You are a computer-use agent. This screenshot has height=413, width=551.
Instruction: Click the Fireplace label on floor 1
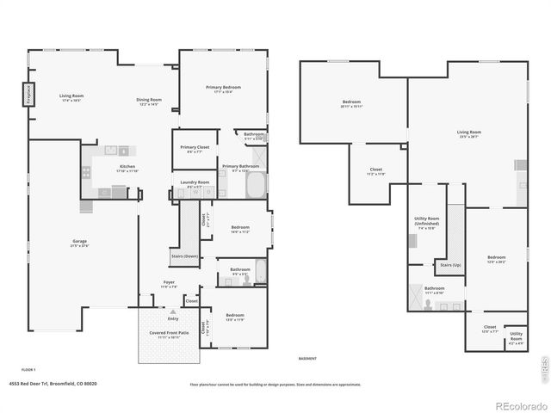[x=28, y=93]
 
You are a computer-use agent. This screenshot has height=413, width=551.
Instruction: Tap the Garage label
[x=79, y=243]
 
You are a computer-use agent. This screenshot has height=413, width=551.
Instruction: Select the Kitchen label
[x=127, y=166]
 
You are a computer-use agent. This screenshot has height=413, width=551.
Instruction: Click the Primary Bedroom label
[x=223, y=87]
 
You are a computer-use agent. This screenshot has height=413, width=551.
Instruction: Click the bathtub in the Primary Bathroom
[x=257, y=185]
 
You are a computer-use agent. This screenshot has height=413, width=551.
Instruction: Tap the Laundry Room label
[x=194, y=182]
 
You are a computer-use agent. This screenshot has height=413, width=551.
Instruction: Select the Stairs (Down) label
[x=185, y=256]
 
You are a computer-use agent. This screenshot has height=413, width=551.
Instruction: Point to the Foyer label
[x=170, y=282]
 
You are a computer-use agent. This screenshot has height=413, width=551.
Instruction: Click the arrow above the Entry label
[x=173, y=311]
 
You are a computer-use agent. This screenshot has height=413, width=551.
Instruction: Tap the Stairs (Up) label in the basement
[x=449, y=265]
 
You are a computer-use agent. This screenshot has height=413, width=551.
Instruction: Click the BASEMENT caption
[x=307, y=358]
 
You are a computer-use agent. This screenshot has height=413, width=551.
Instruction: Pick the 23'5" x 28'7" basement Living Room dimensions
[x=468, y=136]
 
